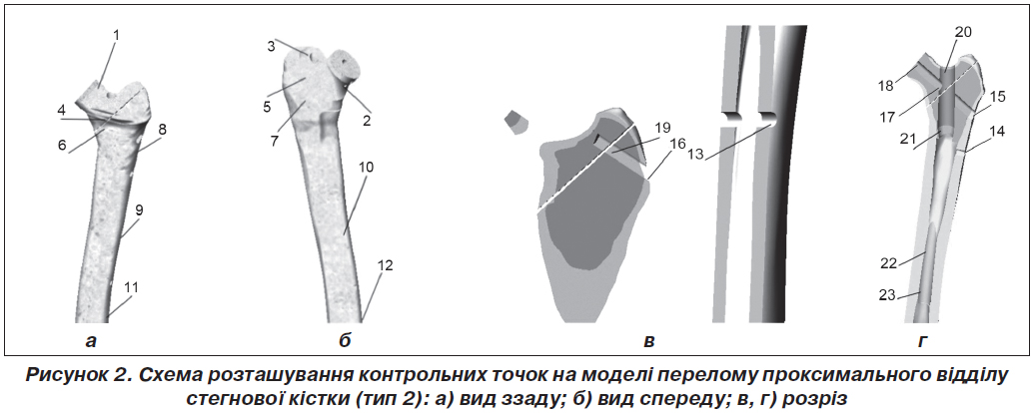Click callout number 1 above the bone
(x=116, y=35)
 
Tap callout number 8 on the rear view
(x=162, y=129)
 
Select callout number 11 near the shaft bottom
(x=132, y=288)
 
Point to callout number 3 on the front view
(x=271, y=46)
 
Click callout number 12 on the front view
(x=385, y=265)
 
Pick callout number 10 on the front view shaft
(x=366, y=168)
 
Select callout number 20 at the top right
(x=963, y=32)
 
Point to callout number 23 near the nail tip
(x=887, y=295)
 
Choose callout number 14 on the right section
(x=997, y=132)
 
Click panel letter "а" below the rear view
(x=90, y=342)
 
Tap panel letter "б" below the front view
(x=345, y=340)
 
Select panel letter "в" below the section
(x=649, y=342)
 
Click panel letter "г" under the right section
(x=923, y=342)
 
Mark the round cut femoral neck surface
(x=347, y=67)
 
